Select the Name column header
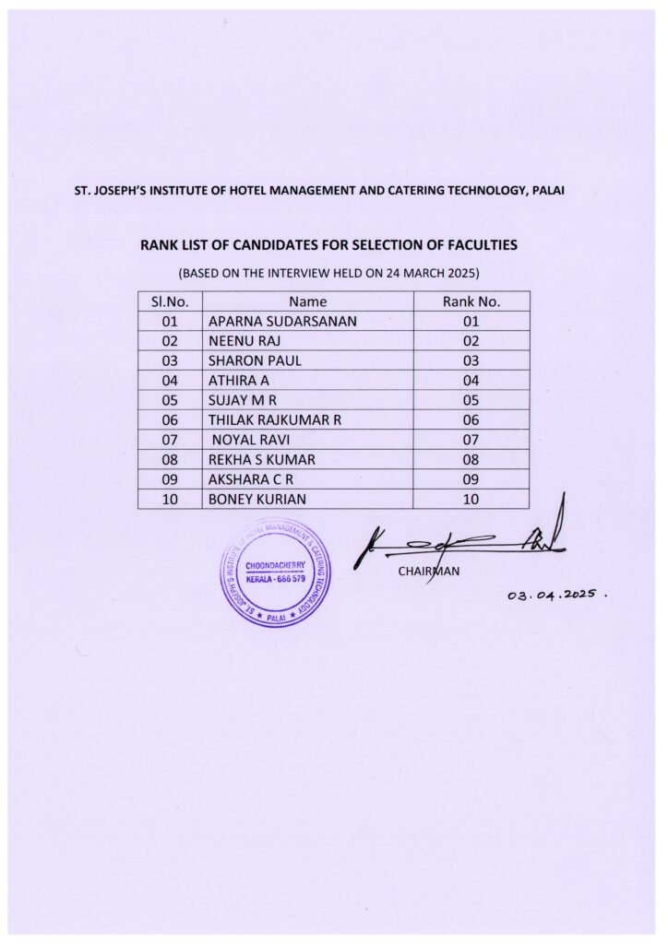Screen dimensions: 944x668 [x=307, y=301]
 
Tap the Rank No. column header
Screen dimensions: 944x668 [x=471, y=301]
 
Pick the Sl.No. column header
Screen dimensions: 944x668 [x=170, y=301]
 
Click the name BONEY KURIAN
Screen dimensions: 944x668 [x=257, y=500]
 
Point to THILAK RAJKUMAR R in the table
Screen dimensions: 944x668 [x=275, y=420]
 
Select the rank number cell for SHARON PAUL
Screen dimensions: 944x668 [x=471, y=360]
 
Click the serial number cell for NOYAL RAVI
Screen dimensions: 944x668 [x=170, y=440]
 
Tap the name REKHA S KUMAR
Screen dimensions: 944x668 [x=262, y=460]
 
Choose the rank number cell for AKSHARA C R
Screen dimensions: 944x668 [x=471, y=479]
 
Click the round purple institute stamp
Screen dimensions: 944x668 [x=274, y=573]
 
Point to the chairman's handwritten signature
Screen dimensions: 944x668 [x=461, y=539]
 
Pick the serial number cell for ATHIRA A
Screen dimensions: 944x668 [x=170, y=380]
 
